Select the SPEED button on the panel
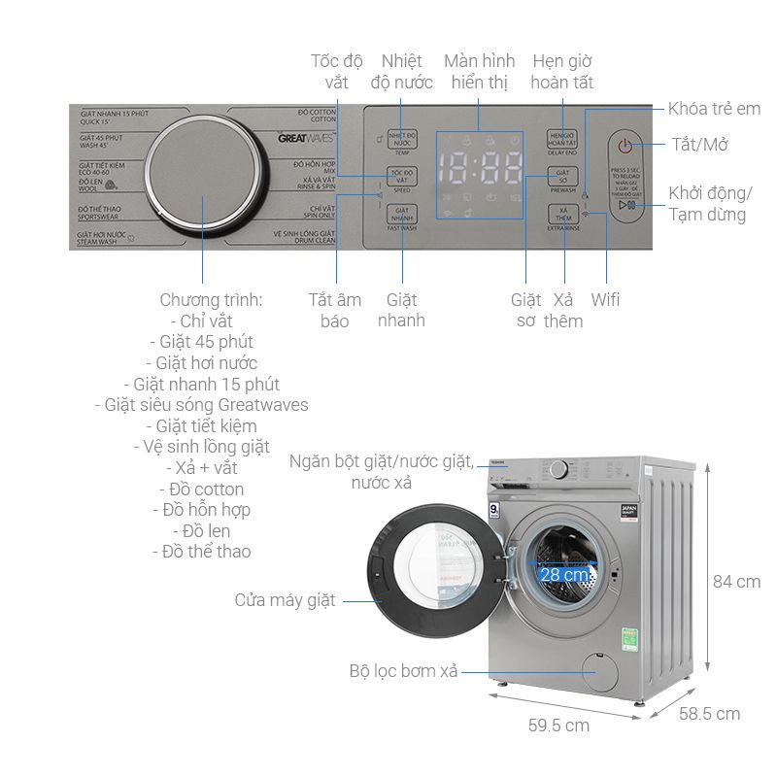tap(401, 178)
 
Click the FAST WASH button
tap(401, 217)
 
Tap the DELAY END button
tap(562, 141)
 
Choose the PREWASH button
tap(562, 178)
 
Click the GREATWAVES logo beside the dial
tap(306, 139)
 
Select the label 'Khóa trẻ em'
tap(714, 109)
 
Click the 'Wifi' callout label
tap(605, 299)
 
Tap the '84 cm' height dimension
tap(736, 582)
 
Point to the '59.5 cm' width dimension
tap(558, 725)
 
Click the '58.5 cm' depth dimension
tap(709, 714)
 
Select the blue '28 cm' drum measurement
tap(564, 574)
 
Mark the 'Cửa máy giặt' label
tap(285, 600)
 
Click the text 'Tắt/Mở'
tap(699, 145)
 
